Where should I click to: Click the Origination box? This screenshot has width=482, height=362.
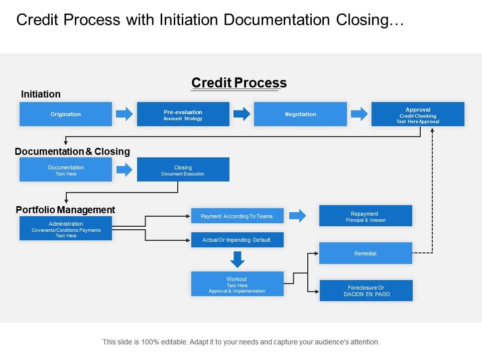pyautogui.click(x=66, y=114)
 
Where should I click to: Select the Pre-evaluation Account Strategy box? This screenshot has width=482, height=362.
pyautogui.click(x=183, y=114)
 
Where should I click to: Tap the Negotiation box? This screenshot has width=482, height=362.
pyautogui.click(x=300, y=114)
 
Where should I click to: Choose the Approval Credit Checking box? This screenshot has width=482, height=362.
pyautogui.click(x=418, y=114)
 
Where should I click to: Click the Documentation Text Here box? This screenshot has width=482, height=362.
pyautogui.click(x=66, y=169)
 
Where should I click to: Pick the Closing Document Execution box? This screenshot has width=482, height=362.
pyautogui.click(x=183, y=169)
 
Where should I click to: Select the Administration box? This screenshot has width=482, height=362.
pyautogui.click(x=66, y=229)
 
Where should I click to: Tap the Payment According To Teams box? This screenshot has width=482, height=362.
pyautogui.click(x=237, y=216)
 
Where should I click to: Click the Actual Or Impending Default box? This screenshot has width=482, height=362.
pyautogui.click(x=237, y=240)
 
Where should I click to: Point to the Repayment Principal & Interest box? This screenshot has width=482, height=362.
pyautogui.click(x=366, y=216)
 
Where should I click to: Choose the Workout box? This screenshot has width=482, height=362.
pyautogui.click(x=237, y=284)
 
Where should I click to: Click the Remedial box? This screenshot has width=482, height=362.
pyautogui.click(x=366, y=253)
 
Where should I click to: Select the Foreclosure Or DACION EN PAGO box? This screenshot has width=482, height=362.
pyautogui.click(x=366, y=291)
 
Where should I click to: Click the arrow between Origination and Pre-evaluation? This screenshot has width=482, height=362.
pyautogui.click(x=125, y=114)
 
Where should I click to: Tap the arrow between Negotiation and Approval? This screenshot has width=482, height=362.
pyautogui.click(x=359, y=114)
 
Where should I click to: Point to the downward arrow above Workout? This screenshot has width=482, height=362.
pyautogui.click(x=237, y=259)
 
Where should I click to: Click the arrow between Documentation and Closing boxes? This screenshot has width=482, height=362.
pyautogui.click(x=125, y=169)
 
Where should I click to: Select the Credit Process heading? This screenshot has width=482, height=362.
pyautogui.click(x=239, y=83)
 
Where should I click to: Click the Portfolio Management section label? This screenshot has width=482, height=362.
pyautogui.click(x=65, y=210)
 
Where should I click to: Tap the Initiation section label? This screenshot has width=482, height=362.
pyautogui.click(x=41, y=94)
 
